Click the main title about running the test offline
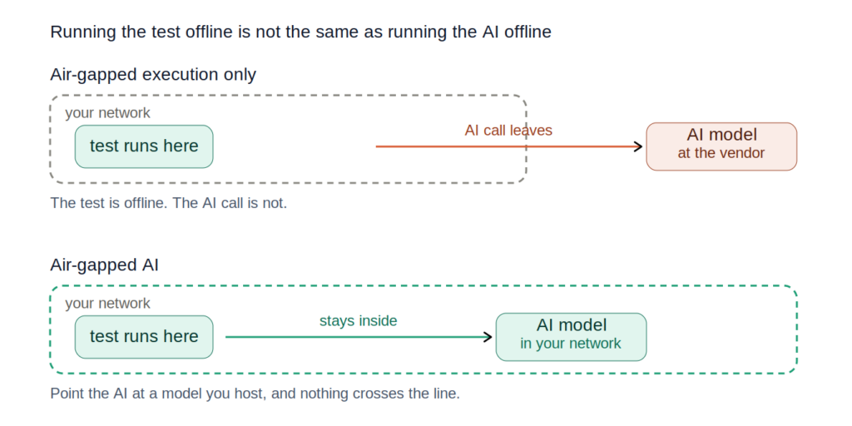click(x=300, y=32)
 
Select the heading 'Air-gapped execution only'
click(x=153, y=75)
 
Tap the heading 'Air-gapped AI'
click(x=104, y=265)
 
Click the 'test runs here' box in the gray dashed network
click(x=144, y=146)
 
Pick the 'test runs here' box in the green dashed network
click(x=144, y=337)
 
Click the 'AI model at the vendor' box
click(x=721, y=146)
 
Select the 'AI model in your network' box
click(x=571, y=337)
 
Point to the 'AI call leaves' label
click(x=508, y=131)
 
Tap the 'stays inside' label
click(x=358, y=321)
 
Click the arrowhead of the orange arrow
click(x=639, y=146)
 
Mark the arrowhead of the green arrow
click(x=488, y=337)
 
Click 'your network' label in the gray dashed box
click(x=107, y=113)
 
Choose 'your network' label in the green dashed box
click(x=107, y=304)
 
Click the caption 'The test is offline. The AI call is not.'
click(x=168, y=204)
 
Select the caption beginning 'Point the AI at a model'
click(x=255, y=394)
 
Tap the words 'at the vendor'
click(x=721, y=153)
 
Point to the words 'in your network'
click(x=571, y=344)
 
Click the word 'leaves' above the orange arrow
click(x=531, y=131)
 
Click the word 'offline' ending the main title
click(x=527, y=32)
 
